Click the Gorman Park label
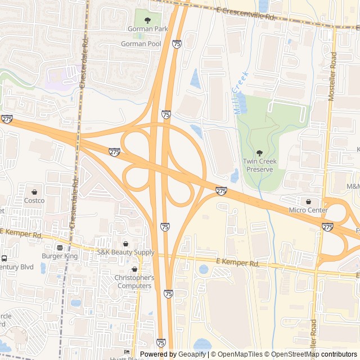coord(147,29)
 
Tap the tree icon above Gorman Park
coord(147,20)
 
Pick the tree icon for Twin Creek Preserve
coord(259,153)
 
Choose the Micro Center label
coord(308,210)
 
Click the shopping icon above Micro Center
coord(308,201)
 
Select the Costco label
coord(34,200)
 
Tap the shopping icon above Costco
coord(34,191)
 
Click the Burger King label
coord(59,256)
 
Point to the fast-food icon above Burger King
coord(59,247)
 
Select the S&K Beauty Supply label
coord(125,253)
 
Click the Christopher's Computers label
coord(134,282)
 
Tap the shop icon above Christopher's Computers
coord(134,269)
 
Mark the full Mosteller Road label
coord(332,76)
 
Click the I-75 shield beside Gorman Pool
coord(177,44)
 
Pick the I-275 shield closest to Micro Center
coord(327,227)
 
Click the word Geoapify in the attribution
coord(192,354)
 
